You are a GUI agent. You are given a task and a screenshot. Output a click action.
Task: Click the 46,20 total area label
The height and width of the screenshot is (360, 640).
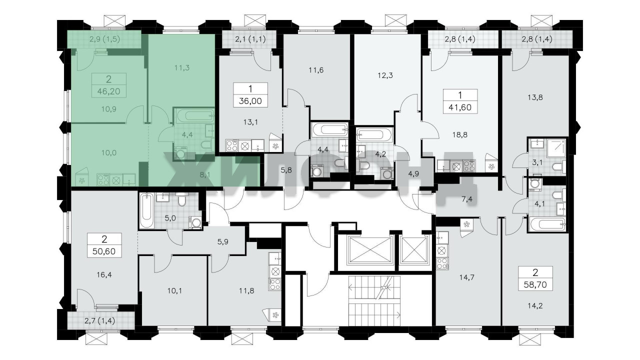pos(108,91)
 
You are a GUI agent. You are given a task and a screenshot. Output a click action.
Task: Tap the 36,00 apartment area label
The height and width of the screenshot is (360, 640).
pos(250,101)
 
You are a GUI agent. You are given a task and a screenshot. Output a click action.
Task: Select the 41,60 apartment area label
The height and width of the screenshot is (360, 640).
pos(460,107)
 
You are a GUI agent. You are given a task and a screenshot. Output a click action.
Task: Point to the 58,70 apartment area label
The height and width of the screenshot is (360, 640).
pos(535,284)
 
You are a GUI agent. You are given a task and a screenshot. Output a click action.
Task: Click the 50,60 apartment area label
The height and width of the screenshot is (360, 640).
pos(104,251)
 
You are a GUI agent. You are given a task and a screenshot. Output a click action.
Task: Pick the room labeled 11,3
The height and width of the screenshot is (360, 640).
pos(182,68)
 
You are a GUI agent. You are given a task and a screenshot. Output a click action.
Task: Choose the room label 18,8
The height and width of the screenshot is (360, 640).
pos(460,135)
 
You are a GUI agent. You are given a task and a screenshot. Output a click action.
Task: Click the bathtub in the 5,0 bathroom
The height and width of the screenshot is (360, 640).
pos(146,210)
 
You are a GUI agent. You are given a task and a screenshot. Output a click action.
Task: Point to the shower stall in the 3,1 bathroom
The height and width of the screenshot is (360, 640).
pos(556,148)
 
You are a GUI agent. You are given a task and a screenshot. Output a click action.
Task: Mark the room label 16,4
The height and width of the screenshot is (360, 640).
pos(104,275)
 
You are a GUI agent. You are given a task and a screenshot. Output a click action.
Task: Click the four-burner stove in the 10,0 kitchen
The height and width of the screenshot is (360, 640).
pos(103,179)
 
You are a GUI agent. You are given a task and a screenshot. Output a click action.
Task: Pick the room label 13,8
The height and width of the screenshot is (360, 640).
pos(535,97)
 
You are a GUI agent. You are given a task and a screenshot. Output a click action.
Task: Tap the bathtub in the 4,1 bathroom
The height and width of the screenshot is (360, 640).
pos(547,224)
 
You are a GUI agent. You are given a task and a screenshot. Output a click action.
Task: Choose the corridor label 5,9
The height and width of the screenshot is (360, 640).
pos(223,242)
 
